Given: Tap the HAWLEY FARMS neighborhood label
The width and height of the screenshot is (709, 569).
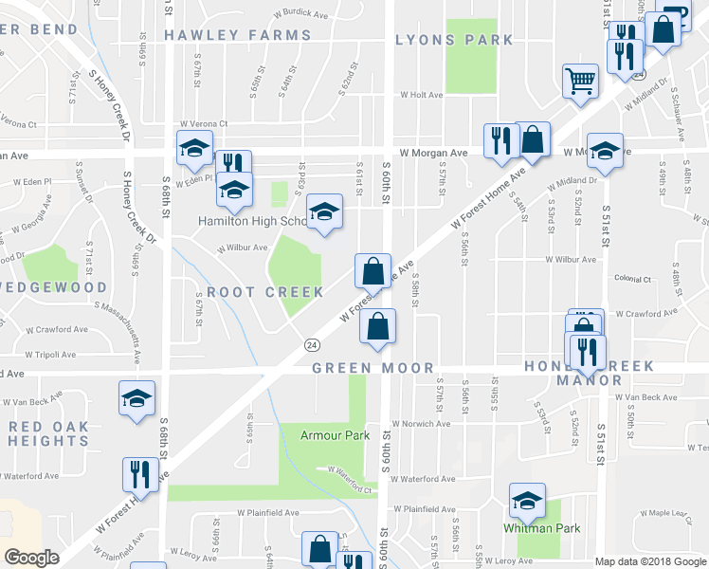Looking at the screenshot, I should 237,35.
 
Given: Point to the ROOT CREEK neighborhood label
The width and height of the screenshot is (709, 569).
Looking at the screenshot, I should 265,292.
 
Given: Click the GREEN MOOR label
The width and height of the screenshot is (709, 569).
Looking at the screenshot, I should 373,368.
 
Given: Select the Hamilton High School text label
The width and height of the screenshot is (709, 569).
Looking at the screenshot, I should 251,221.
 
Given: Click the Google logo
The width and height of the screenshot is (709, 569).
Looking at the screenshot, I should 31,558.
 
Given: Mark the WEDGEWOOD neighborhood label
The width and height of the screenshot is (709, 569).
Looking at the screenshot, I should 65,286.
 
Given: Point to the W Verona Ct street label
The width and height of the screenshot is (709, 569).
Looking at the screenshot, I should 200,123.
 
